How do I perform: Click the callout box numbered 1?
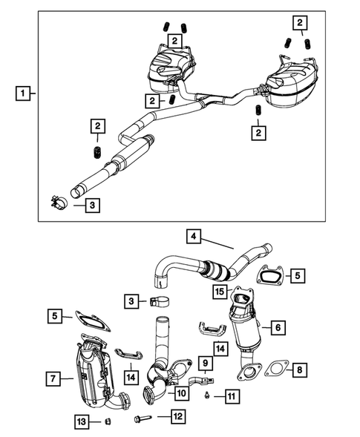tap(24, 94)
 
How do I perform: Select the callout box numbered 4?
tap(194, 237)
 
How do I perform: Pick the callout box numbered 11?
tap(232, 398)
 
